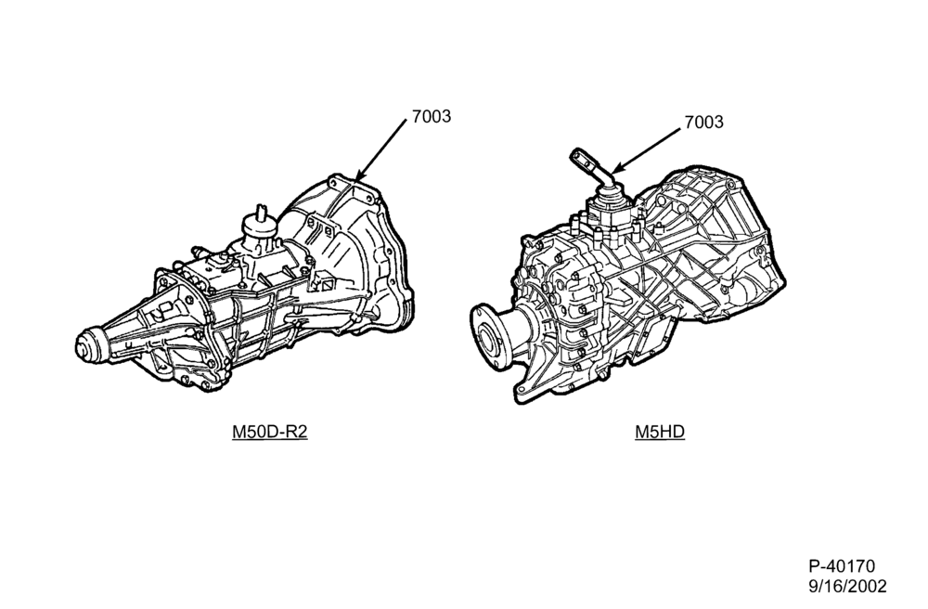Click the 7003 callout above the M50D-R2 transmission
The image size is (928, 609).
click(432, 117)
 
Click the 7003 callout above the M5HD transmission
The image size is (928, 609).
click(703, 122)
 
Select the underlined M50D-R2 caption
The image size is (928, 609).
click(269, 432)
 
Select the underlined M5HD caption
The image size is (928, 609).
click(660, 432)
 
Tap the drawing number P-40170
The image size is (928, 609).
click(842, 566)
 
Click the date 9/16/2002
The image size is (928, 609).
click(847, 587)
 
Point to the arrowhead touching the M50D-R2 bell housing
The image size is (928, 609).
click(360, 174)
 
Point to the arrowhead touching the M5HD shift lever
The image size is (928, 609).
click(616, 169)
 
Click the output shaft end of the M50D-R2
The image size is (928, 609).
click(88, 343)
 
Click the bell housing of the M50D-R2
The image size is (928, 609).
click(351, 254)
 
